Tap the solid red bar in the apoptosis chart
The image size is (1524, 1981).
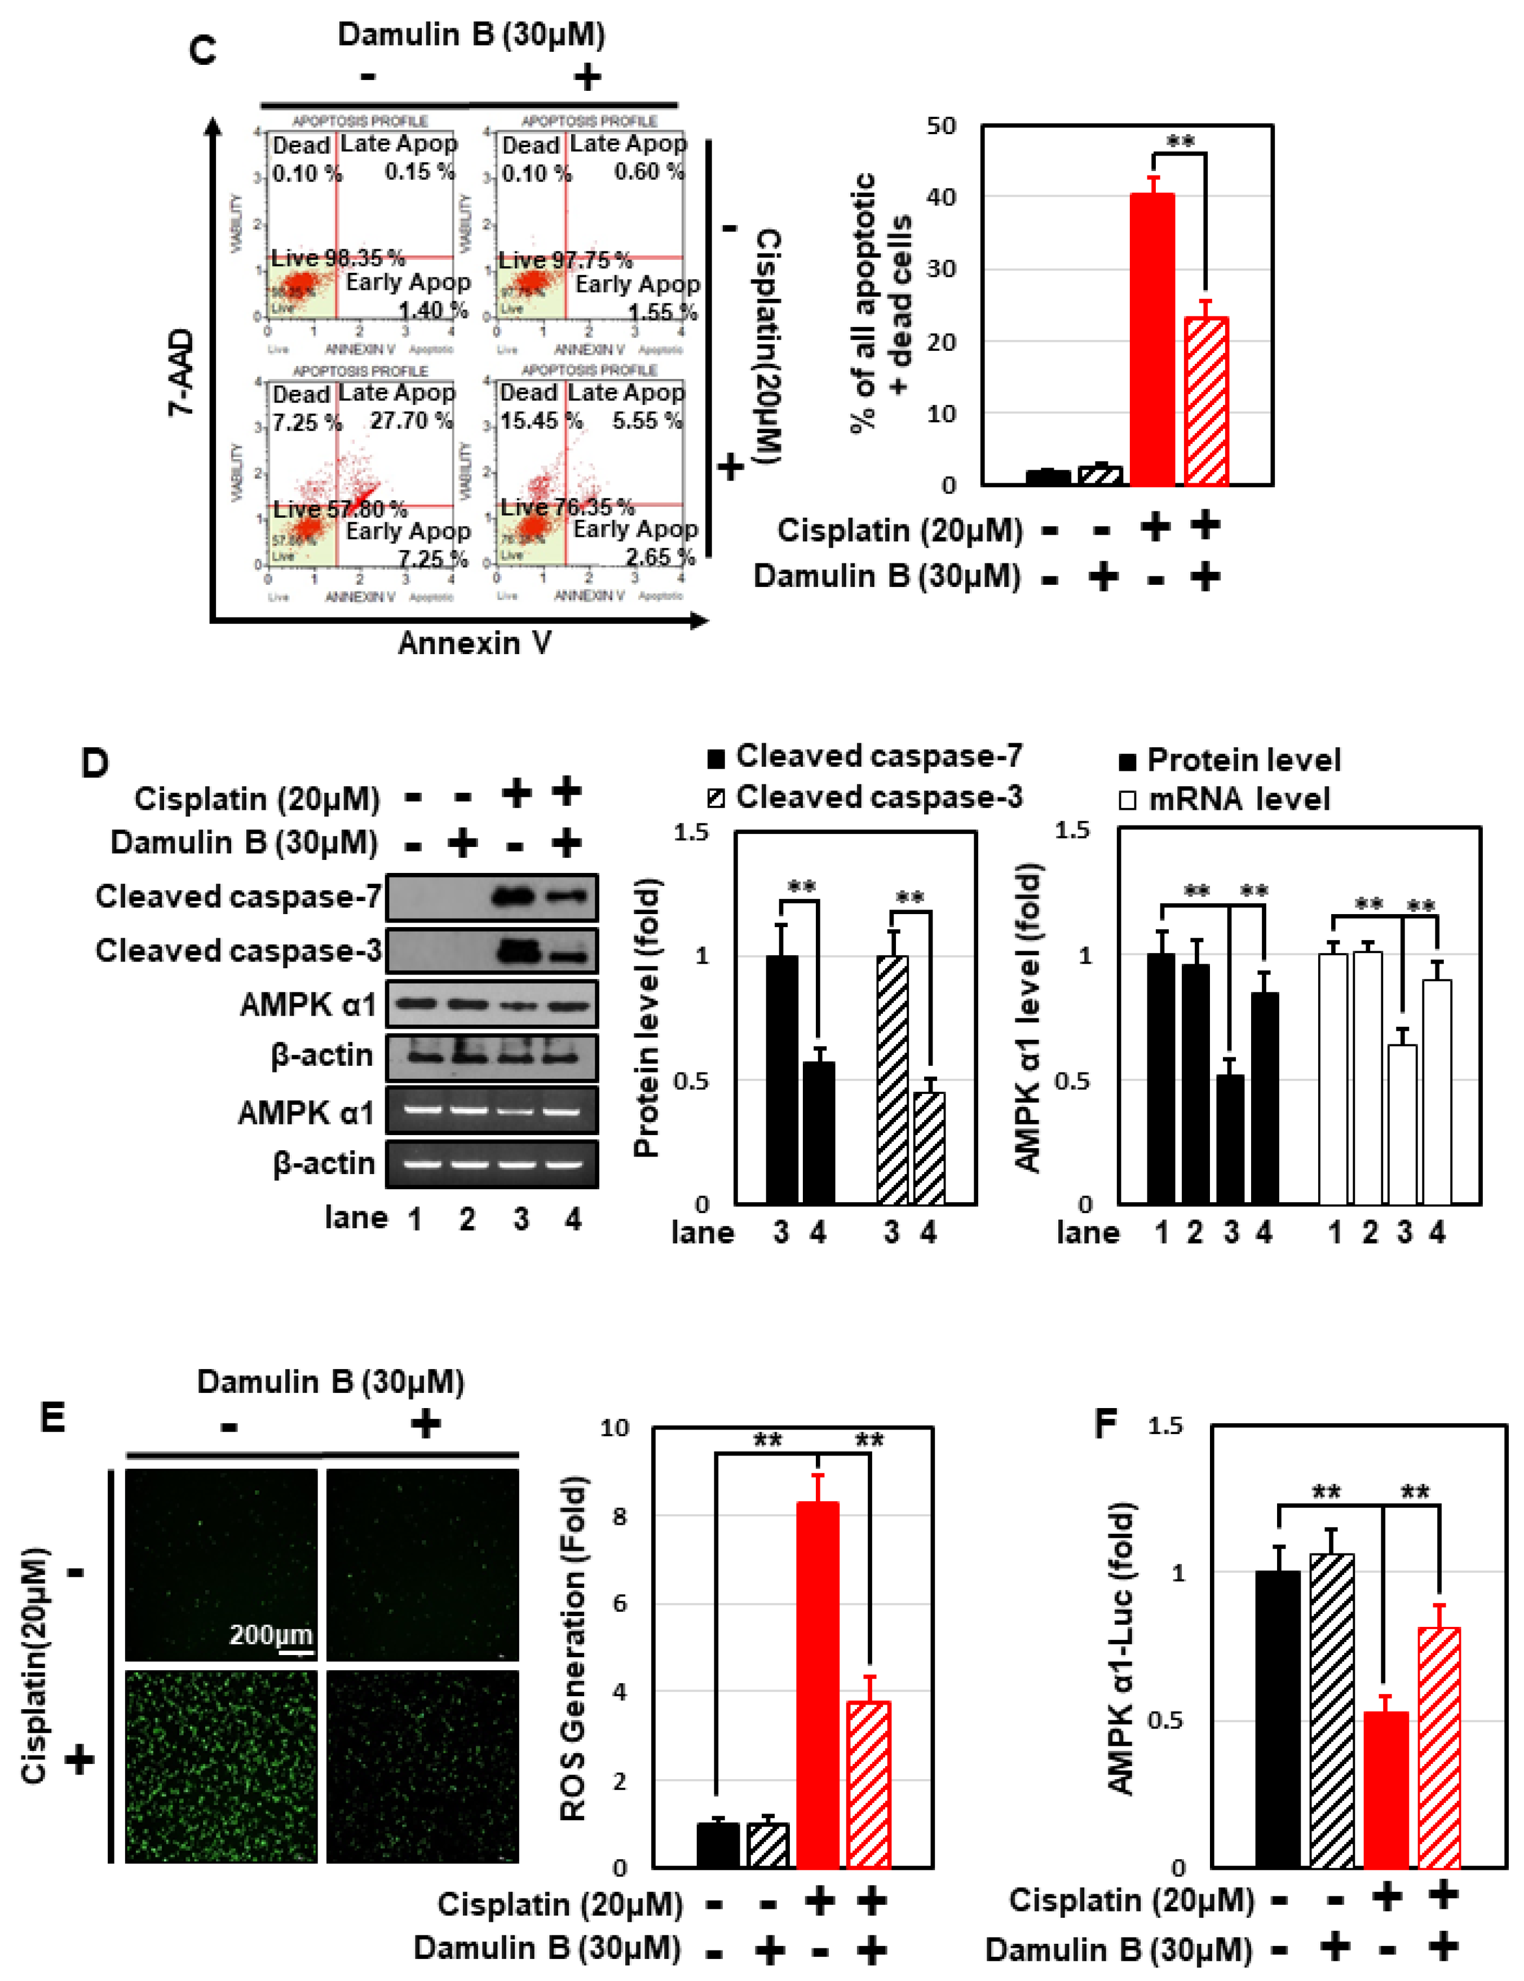[x=1152, y=340]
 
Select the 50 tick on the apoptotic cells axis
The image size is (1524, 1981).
[x=942, y=126]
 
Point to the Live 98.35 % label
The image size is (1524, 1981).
[x=338, y=258]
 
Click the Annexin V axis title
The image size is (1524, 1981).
[x=474, y=643]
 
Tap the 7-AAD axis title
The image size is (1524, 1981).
[x=182, y=372]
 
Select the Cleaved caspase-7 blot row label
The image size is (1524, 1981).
[x=238, y=896]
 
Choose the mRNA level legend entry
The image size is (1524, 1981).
[x=1238, y=799]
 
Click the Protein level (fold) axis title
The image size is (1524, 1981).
[x=646, y=1018]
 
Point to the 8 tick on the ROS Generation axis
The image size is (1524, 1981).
[x=620, y=1516]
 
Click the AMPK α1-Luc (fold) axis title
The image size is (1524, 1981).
[x=1122, y=1649]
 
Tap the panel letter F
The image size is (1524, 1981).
[x=1105, y=1422]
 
